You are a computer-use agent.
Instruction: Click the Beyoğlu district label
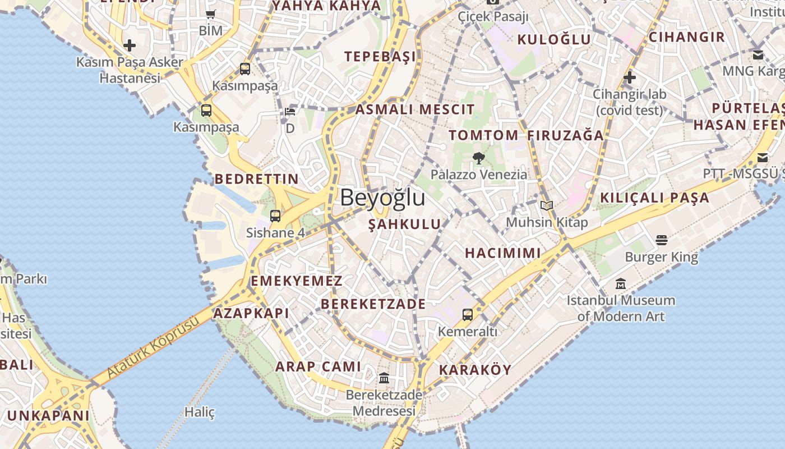tap(382, 198)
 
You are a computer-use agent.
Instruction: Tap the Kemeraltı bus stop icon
tap(468, 315)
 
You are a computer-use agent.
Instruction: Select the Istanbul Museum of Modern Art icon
tap(620, 284)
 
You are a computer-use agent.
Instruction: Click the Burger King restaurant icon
tap(662, 240)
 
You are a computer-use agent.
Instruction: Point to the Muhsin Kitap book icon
tap(547, 206)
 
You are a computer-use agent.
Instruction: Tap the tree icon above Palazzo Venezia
tap(478, 158)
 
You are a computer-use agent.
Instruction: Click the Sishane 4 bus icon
tap(275, 216)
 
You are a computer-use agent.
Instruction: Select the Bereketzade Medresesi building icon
tap(384, 378)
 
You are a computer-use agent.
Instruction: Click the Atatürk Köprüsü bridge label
tap(153, 347)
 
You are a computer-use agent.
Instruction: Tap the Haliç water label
tap(200, 412)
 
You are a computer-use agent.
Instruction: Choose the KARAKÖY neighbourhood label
tap(475, 370)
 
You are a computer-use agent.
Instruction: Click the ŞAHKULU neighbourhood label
tap(404, 224)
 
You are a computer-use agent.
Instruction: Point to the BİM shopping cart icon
tap(211, 15)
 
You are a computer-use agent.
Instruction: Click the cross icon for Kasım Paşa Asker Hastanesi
tap(130, 45)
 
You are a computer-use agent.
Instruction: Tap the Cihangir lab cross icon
tap(629, 77)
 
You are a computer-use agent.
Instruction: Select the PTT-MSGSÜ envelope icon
tap(763, 158)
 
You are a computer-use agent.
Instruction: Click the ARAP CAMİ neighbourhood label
tap(318, 366)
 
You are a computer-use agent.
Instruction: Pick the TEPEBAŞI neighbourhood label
tap(380, 56)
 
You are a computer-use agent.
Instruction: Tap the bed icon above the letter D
tap(290, 111)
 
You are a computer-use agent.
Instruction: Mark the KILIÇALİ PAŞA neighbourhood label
tap(654, 198)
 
